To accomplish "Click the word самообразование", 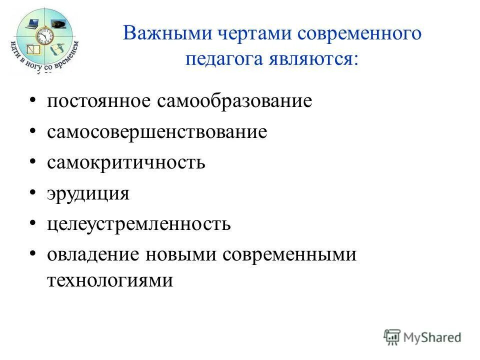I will point(234,101).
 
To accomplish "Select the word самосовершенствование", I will point(157,132).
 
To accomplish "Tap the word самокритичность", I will point(126,162).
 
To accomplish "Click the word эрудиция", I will point(88,193).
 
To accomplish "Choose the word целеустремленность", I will point(139,223).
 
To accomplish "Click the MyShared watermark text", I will point(432,337).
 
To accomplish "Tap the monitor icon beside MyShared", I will point(392,336).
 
